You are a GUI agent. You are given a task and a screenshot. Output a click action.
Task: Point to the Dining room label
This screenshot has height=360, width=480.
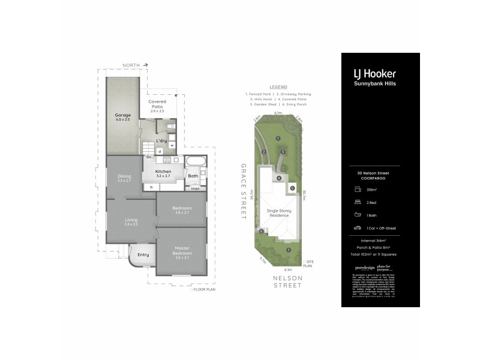pos(124,178)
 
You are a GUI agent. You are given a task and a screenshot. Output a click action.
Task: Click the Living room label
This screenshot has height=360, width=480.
pos(131,222)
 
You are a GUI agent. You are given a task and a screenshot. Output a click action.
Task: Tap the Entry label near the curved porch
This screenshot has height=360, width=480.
pos(143,255)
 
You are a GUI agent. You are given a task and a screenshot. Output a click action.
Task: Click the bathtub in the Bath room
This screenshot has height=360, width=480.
pos(195,163)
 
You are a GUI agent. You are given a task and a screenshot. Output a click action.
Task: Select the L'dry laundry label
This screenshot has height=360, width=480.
pos(161,141)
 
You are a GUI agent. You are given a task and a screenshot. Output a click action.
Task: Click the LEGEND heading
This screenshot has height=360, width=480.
pos(278,87)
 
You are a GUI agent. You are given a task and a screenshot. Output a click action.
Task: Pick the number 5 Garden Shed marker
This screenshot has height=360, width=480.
pos(292,188)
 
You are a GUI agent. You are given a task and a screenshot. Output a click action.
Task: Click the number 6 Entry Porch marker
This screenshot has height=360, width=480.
pos(261,231)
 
